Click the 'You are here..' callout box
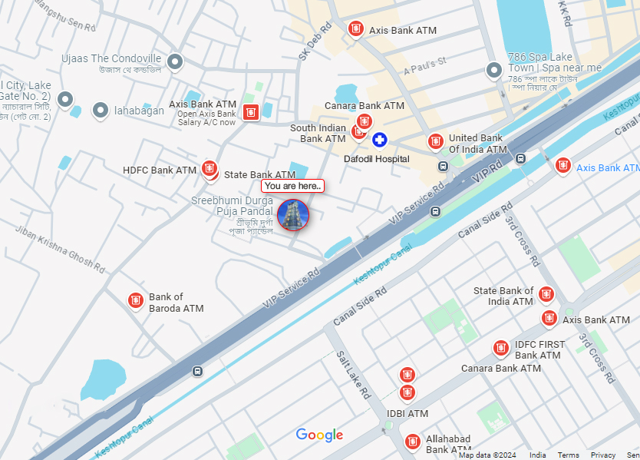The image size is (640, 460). (292, 186)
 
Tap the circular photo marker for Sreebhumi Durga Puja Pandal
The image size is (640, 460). (293, 214)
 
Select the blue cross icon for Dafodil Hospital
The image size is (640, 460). (379, 140)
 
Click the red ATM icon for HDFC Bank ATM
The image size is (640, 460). (209, 168)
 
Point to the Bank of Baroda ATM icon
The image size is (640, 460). (136, 300)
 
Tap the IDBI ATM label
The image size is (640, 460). (407, 414)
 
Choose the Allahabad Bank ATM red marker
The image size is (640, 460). (413, 442)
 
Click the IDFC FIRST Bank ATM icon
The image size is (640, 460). (500, 349)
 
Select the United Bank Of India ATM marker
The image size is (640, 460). (435, 141)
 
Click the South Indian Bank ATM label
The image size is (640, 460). (318, 134)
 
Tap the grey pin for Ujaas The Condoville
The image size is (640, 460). (175, 61)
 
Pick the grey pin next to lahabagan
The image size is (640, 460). (101, 111)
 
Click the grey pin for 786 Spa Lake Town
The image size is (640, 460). (494, 71)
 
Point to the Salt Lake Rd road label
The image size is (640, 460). (354, 374)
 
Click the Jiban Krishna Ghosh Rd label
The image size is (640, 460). (61, 250)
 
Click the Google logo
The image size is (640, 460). (319, 435)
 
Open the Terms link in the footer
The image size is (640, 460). (568, 455)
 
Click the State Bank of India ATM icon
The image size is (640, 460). (546, 294)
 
